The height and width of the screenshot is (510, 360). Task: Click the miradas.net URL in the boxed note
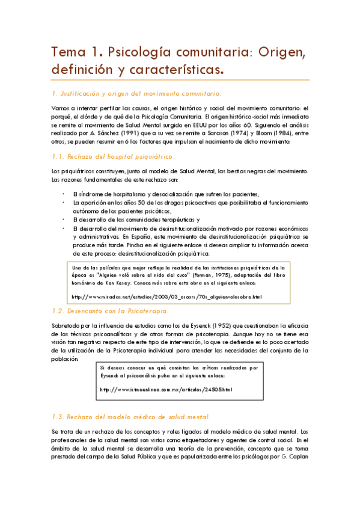(166, 297)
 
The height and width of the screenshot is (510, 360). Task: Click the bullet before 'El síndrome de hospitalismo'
(64, 194)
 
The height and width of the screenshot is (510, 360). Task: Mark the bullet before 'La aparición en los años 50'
(64, 203)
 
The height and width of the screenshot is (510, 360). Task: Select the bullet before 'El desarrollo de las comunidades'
(64, 220)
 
